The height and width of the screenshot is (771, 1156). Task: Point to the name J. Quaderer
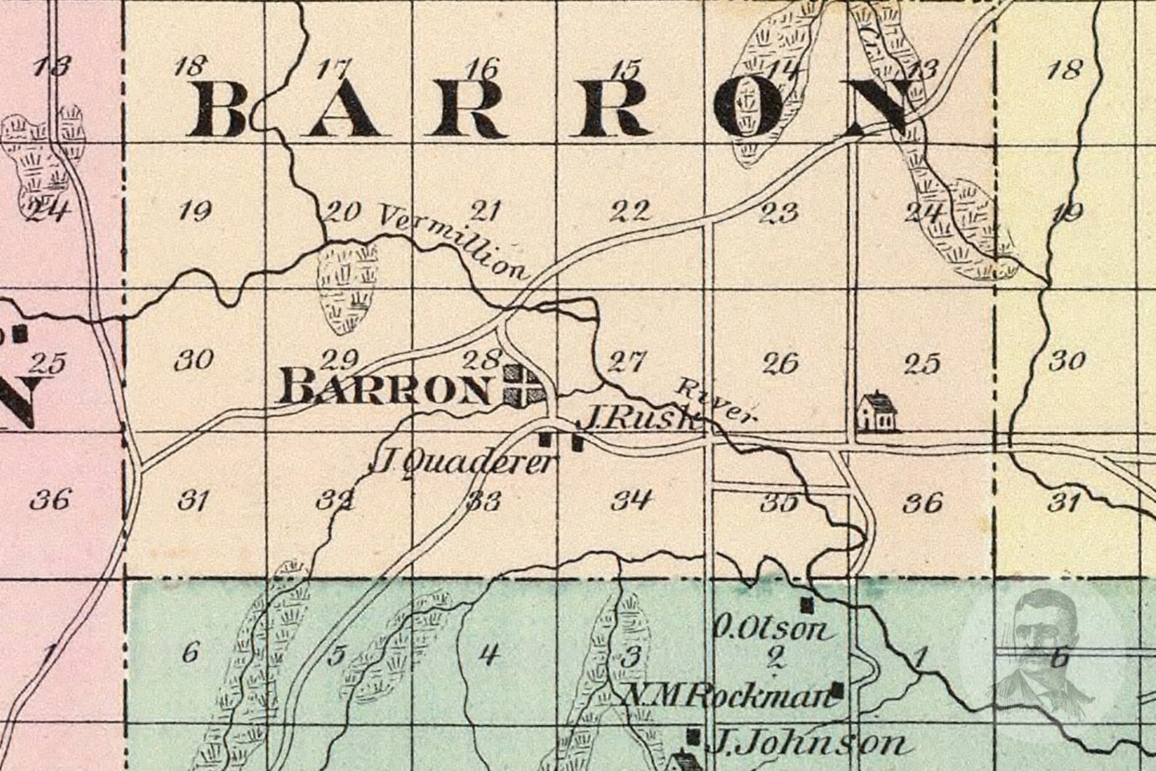tap(463, 462)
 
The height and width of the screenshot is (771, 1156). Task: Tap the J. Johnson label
tap(807, 743)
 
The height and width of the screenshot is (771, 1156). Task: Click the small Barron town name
tap(386, 387)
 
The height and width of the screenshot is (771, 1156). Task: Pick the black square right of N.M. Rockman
tap(839, 689)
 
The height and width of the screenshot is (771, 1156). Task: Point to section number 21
tap(486, 212)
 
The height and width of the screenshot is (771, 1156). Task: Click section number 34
tap(630, 500)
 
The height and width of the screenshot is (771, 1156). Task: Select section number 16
tap(484, 69)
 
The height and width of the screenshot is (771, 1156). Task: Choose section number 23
tap(779, 213)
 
